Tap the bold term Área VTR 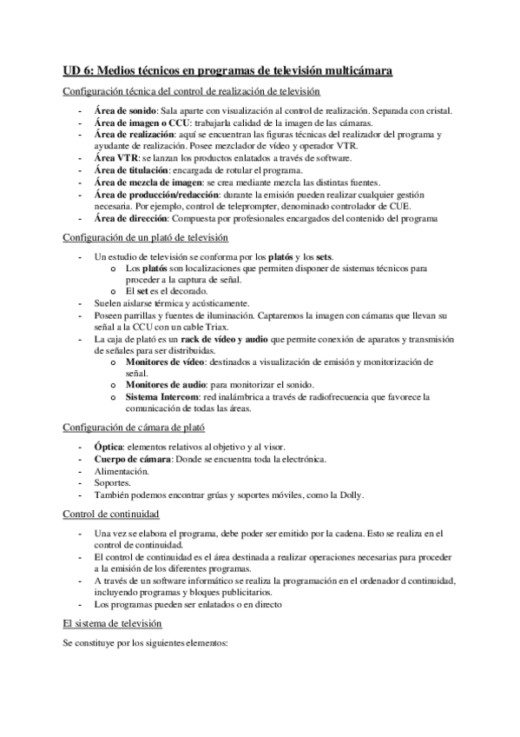(115, 160)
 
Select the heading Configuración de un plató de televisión (146, 237)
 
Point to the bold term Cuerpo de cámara (131, 458)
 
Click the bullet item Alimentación (121, 470)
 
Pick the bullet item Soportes (113, 482)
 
